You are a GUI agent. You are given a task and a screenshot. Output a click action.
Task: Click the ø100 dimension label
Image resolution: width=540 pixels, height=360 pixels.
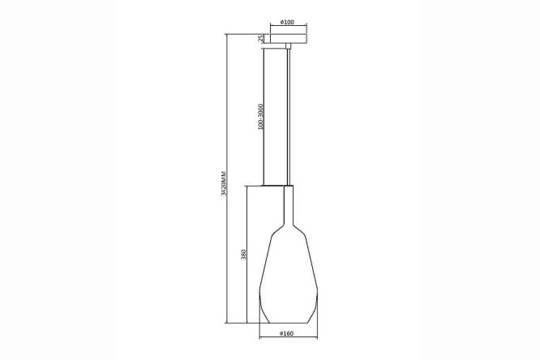coord(287,22)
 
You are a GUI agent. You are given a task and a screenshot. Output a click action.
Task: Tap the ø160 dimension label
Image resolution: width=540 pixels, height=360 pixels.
coord(286,333)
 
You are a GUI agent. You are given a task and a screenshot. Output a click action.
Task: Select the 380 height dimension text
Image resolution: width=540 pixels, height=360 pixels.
coord(243,255)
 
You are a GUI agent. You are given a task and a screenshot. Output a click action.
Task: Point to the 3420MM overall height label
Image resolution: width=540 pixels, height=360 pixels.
coord(224,183)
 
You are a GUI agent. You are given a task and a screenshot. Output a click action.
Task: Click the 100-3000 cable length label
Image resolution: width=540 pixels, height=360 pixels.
coord(260,117)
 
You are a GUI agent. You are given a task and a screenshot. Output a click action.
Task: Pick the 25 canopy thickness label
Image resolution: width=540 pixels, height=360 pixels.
coord(261,38)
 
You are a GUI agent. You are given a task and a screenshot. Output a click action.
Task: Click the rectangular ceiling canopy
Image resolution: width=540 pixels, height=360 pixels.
coord(289,38)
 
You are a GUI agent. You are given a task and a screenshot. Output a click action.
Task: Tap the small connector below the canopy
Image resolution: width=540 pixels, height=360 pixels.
coord(289,46)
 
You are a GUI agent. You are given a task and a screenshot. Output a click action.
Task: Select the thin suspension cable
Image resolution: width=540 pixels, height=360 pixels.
coord(289,118)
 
